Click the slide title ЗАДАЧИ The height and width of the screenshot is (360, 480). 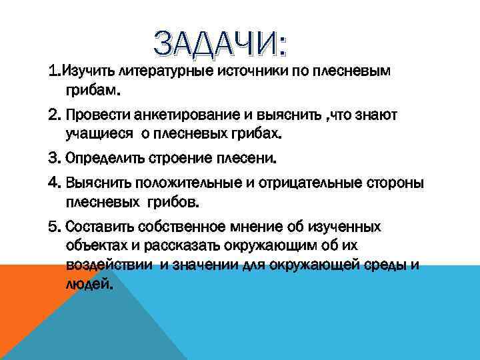(x=221, y=44)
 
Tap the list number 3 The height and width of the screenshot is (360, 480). (x=53, y=160)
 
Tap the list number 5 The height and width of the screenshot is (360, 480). (x=53, y=227)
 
